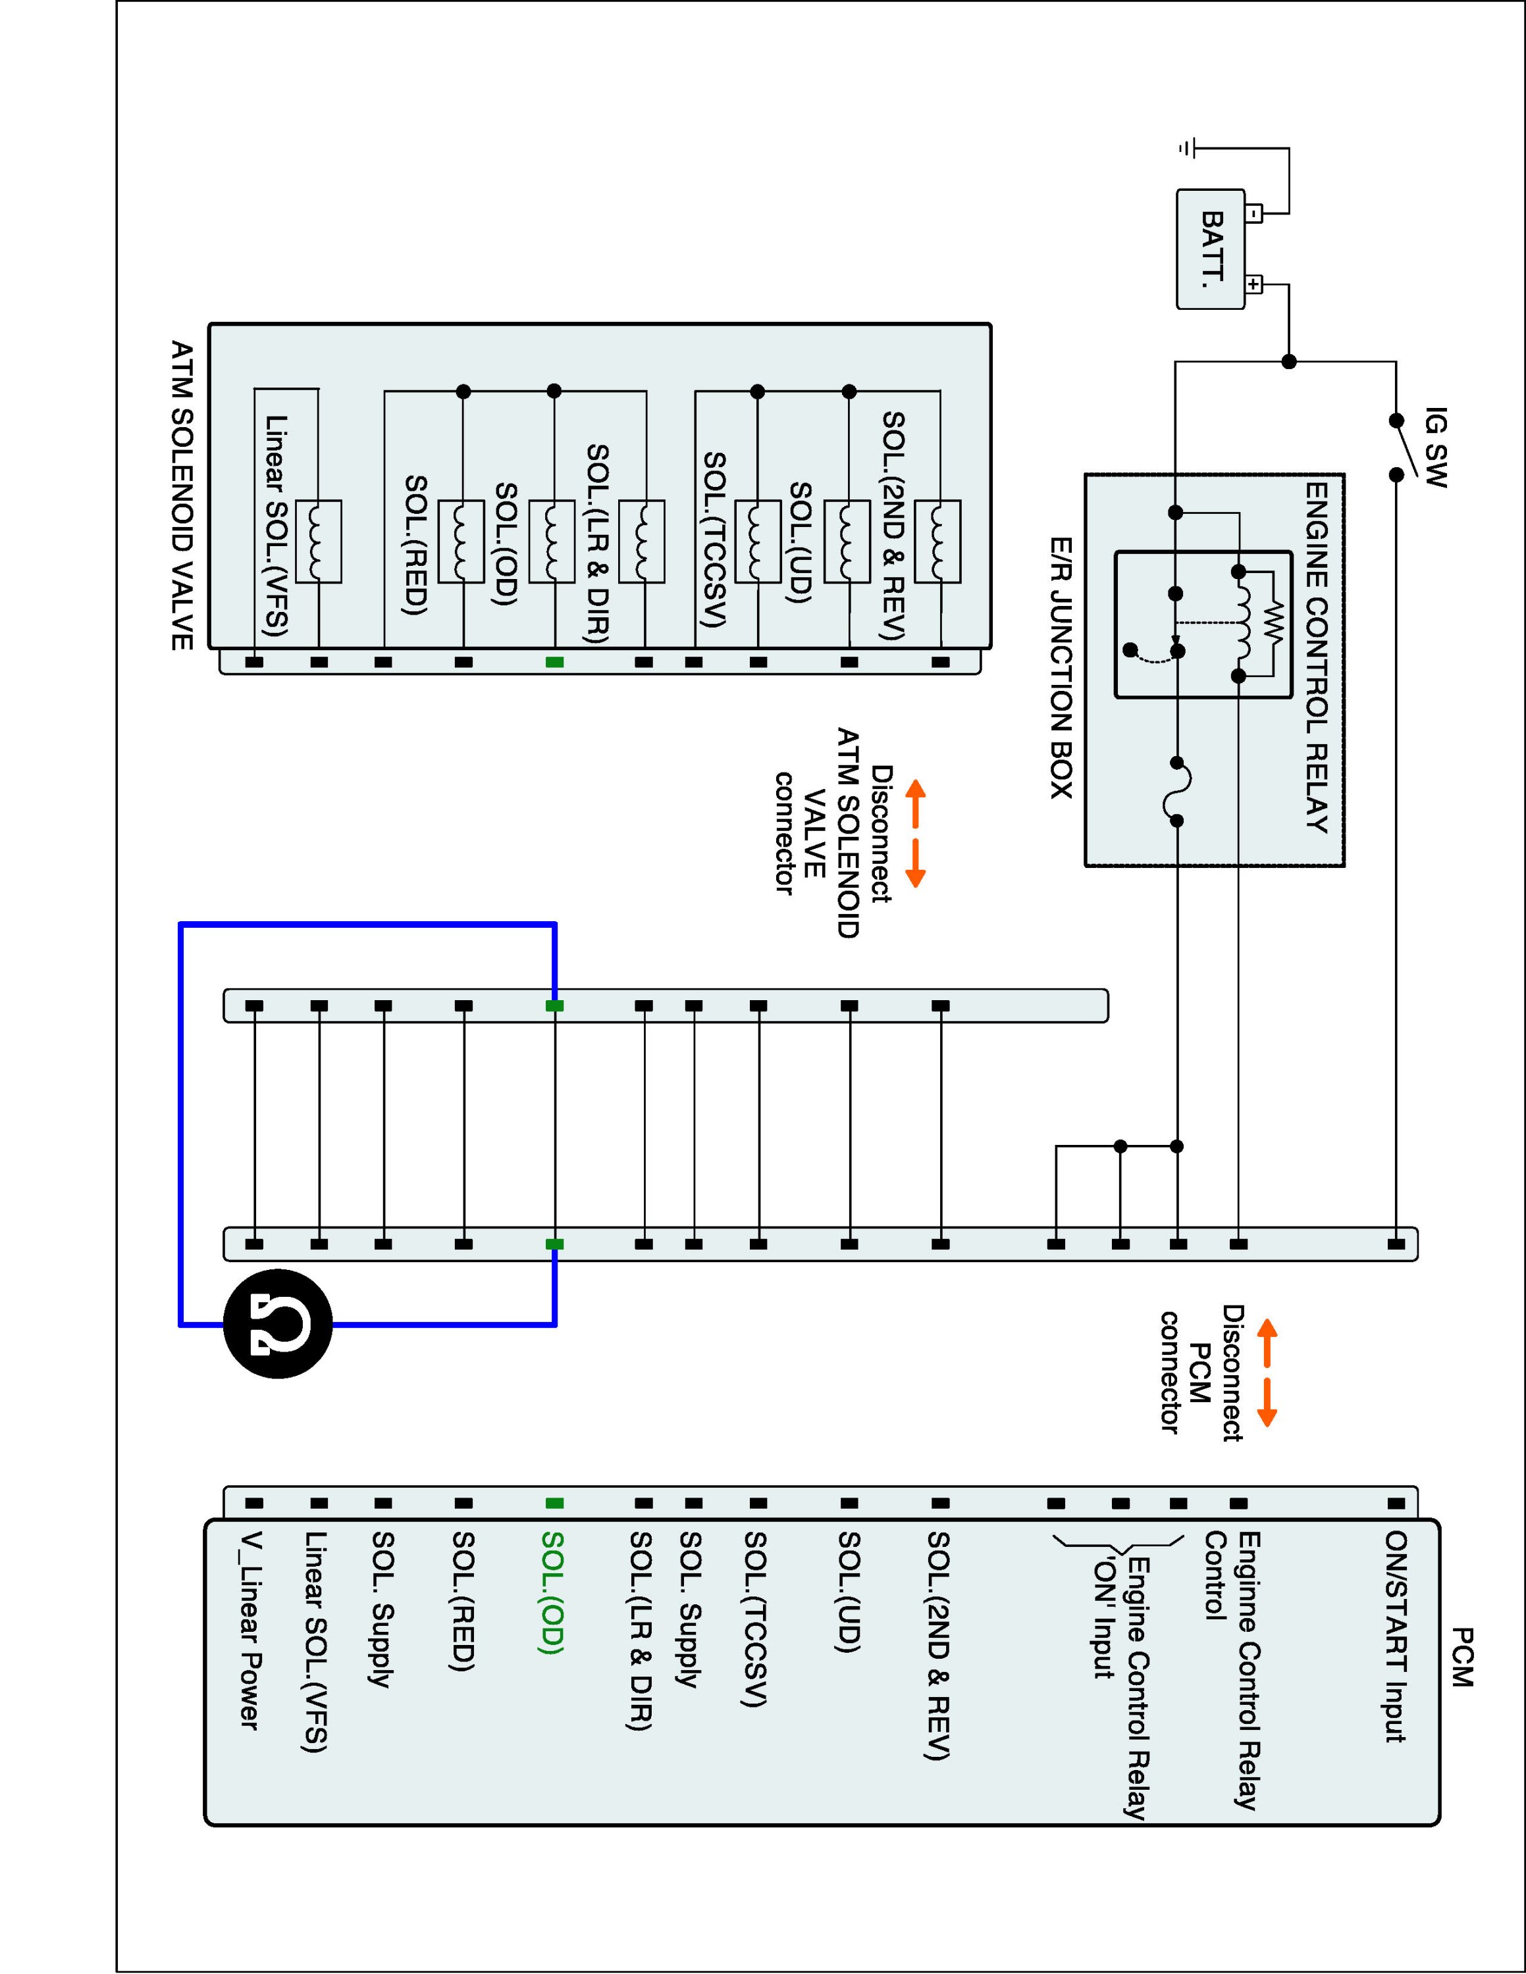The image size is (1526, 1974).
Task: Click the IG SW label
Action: point(1434,447)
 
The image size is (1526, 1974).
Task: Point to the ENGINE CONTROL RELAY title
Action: point(1316,656)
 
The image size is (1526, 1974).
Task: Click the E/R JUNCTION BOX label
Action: point(1061,668)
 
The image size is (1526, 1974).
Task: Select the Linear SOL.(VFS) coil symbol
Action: point(318,540)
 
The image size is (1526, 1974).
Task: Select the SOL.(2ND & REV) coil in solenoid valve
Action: point(937,540)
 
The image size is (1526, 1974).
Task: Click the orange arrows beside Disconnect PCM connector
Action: point(1267,1372)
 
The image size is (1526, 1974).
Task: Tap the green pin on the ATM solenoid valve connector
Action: point(554,661)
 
